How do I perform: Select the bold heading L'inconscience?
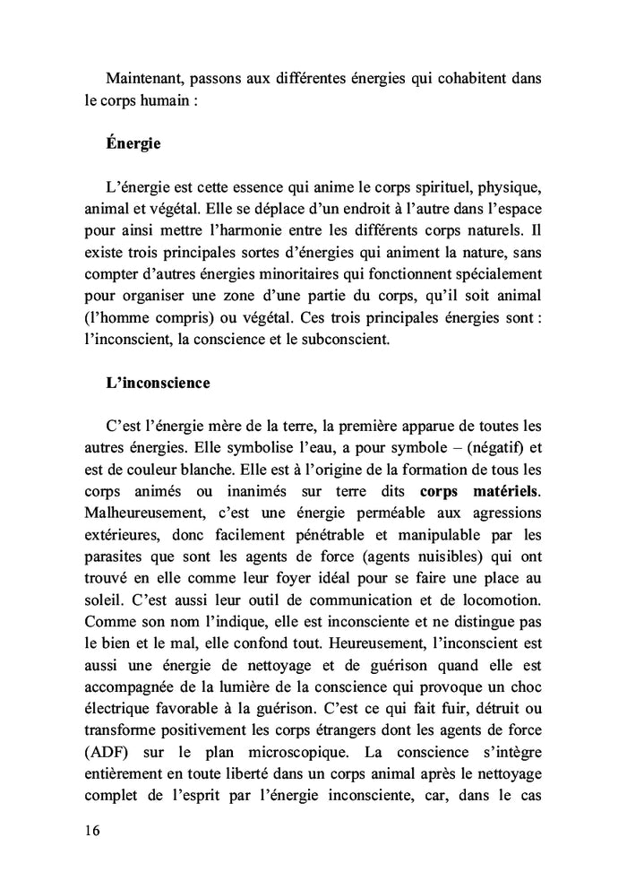click(x=157, y=383)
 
